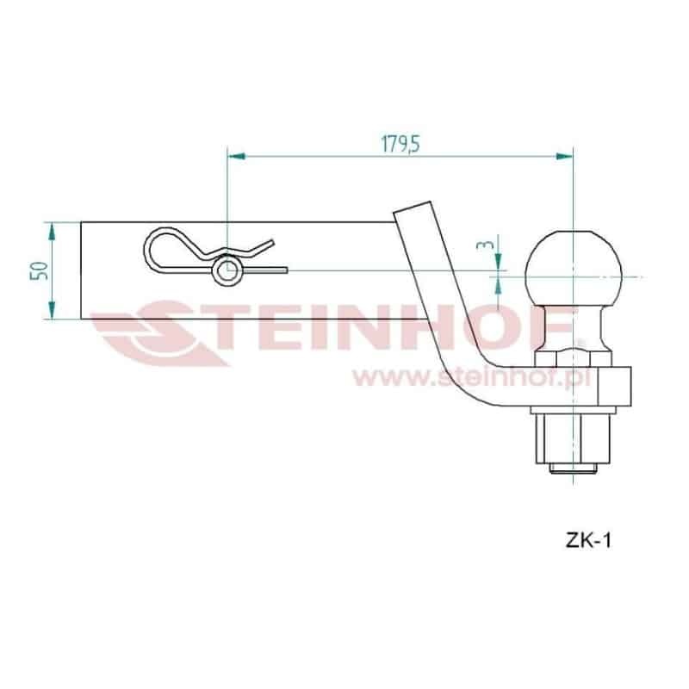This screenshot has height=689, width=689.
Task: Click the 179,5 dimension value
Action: (400, 144)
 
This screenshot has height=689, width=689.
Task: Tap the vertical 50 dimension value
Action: (39, 270)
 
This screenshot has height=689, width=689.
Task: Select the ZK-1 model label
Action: (588, 540)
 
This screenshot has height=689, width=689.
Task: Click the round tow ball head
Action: (574, 268)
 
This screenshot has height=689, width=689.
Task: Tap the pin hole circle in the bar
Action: (227, 271)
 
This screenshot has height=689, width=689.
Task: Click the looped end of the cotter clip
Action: (152, 251)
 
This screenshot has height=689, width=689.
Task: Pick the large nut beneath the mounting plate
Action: (573, 439)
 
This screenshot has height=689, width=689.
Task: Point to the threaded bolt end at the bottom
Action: (573, 469)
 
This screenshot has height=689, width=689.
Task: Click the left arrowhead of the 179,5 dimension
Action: (236, 156)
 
